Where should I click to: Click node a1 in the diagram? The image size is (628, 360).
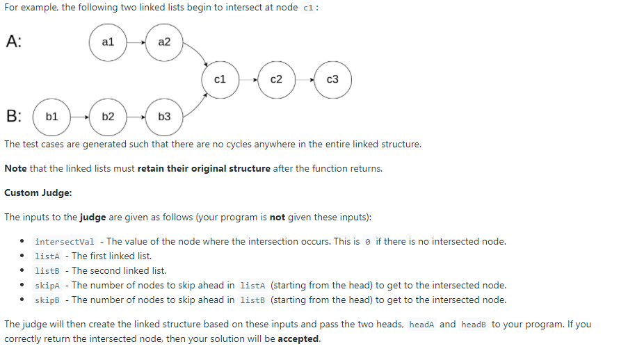pyautogui.click(x=108, y=42)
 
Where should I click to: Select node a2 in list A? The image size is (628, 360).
pyautogui.click(x=164, y=42)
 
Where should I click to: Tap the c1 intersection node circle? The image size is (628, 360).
pyautogui.click(x=220, y=80)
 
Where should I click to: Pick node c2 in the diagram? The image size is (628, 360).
pyautogui.click(x=276, y=80)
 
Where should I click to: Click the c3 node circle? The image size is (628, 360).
pyautogui.click(x=332, y=80)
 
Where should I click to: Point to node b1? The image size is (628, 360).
pyautogui.click(x=51, y=117)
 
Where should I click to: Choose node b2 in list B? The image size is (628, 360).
pyautogui.click(x=108, y=117)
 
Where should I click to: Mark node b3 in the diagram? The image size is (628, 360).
pyautogui.click(x=164, y=117)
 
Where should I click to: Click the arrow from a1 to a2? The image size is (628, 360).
pyautogui.click(x=136, y=42)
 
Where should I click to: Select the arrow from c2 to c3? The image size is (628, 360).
pyautogui.click(x=305, y=80)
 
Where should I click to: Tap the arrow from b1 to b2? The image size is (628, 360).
pyautogui.click(x=79, y=117)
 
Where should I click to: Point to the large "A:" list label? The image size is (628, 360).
pyautogui.click(x=14, y=41)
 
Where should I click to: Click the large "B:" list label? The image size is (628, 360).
pyautogui.click(x=14, y=115)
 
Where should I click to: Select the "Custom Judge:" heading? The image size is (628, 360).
pyautogui.click(x=38, y=193)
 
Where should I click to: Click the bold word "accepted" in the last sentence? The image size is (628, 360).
pyautogui.click(x=299, y=339)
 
